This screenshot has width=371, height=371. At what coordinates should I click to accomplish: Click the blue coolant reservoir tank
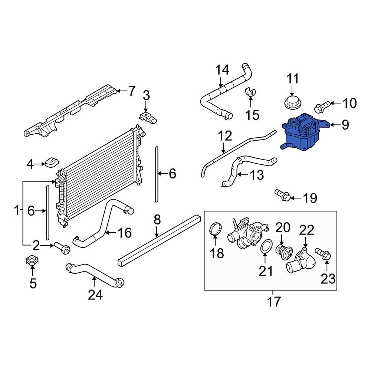[301, 134]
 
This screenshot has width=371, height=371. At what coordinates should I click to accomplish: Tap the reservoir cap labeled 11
[292, 102]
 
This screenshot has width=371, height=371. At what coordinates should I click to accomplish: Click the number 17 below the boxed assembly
[274, 302]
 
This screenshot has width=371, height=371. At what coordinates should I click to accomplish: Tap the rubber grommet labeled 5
[32, 261]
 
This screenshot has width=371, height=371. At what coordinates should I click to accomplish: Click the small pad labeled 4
[52, 162]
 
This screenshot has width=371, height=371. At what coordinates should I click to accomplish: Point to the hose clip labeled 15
[251, 92]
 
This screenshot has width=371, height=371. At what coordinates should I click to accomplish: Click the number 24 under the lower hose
[95, 295]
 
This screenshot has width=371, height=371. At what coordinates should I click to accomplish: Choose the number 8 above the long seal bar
[157, 220]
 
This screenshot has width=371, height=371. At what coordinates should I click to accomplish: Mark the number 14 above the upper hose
[223, 70]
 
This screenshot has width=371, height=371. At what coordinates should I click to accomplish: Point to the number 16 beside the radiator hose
[124, 233]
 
